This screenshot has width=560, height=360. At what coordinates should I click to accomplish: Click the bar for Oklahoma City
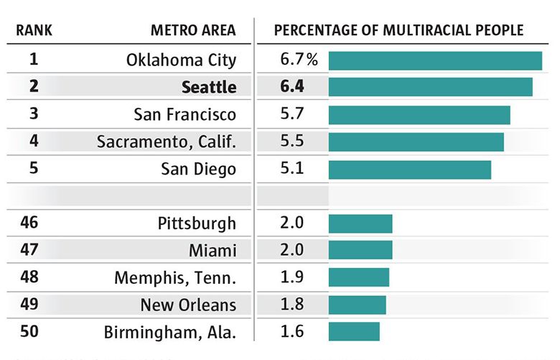pyautogui.click(x=435, y=60)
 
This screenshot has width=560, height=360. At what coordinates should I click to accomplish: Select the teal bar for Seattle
pyautogui.click(x=431, y=87)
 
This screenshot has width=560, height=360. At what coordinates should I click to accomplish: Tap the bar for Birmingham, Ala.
pyautogui.click(x=354, y=331)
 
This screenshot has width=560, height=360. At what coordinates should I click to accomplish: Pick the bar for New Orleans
pyautogui.click(x=357, y=305)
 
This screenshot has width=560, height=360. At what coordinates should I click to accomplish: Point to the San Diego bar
pyautogui.click(x=410, y=170)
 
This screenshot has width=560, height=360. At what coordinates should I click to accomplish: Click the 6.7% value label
pyautogui.click(x=298, y=60)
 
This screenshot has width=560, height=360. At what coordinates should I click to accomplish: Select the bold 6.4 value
pyautogui.click(x=293, y=87)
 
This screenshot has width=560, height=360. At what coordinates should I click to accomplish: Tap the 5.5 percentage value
pyautogui.click(x=293, y=142)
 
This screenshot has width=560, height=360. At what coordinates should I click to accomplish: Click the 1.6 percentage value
pyautogui.click(x=293, y=331)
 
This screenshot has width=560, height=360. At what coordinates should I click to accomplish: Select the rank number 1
pyautogui.click(x=34, y=60)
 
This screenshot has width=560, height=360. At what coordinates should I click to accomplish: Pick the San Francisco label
pyautogui.click(x=185, y=114)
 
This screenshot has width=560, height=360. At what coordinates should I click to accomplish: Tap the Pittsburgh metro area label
pyautogui.click(x=197, y=223)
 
